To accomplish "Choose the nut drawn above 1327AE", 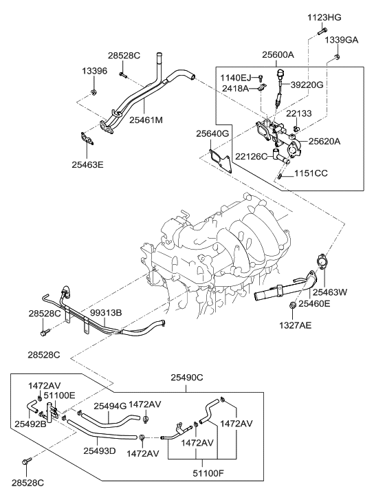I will click(294, 304).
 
